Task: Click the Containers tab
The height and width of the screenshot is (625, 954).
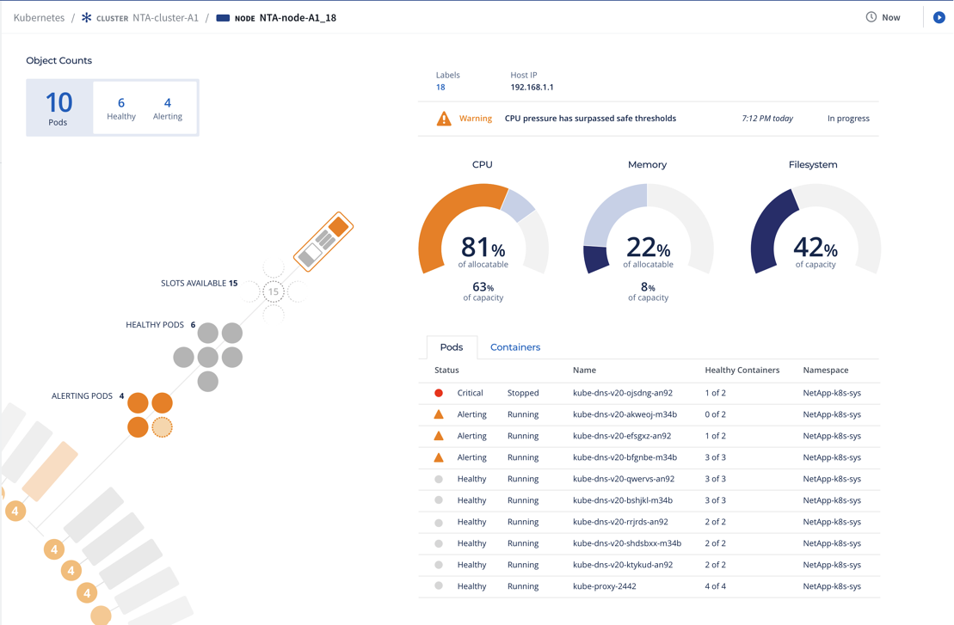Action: coord(514,347)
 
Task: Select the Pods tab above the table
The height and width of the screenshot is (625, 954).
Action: coord(452,347)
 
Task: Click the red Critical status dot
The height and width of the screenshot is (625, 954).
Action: coord(439,393)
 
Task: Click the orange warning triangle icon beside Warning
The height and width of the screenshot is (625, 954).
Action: coord(444,119)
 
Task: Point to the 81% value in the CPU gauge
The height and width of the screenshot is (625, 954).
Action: coord(483,248)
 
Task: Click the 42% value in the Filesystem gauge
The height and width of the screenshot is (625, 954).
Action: coord(815,248)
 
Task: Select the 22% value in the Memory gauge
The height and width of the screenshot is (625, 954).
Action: coord(648,248)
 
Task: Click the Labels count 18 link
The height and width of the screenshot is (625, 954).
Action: coord(440,88)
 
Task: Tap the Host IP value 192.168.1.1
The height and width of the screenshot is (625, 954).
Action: coord(532,88)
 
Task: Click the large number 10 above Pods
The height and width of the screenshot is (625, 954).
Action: coord(58,102)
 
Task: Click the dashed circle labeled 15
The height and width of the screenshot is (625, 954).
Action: coord(274,291)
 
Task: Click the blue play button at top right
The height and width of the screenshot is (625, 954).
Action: coord(939,17)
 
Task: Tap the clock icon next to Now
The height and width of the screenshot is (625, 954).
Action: coord(871,17)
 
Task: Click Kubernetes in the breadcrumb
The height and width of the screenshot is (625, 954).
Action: coord(39,17)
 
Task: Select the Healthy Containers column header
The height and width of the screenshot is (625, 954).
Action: coord(742,371)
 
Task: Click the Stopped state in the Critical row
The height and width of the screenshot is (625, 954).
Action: coord(523,393)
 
